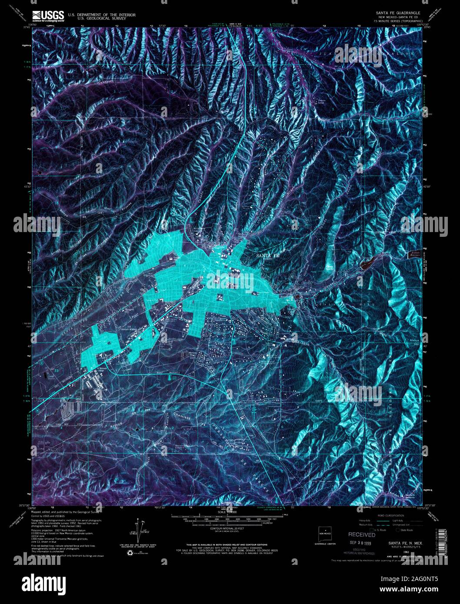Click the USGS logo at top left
(47, 16)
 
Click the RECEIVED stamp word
(361, 535)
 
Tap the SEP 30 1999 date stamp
(362, 543)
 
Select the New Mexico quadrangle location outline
(325, 532)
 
